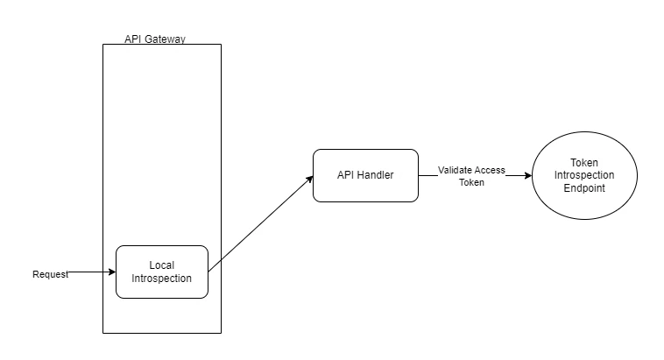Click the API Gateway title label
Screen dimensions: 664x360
[x=155, y=39]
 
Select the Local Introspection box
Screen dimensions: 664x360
[x=162, y=272]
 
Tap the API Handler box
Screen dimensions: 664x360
[x=365, y=175]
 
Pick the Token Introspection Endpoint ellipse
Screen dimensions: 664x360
[x=584, y=175]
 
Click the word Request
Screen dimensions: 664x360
[x=51, y=274]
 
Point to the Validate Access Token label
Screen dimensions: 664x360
[x=471, y=176]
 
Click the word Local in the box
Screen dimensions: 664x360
[x=162, y=265]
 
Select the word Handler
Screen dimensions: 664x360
[x=375, y=175]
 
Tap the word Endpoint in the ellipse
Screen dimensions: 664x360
[x=584, y=188]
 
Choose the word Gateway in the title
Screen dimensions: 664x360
[x=165, y=39]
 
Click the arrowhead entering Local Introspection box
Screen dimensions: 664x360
[x=112, y=272]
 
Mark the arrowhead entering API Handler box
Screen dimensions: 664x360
[x=310, y=180]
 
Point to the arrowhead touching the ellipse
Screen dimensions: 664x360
[x=528, y=175]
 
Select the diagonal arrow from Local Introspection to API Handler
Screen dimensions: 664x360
[x=261, y=223]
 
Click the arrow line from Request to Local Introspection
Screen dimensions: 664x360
[x=92, y=272]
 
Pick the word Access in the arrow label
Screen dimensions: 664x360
[x=490, y=170]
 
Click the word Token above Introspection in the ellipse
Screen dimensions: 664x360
[x=584, y=163]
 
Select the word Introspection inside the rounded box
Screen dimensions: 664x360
[x=162, y=279]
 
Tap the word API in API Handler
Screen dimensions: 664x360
[x=345, y=175]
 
